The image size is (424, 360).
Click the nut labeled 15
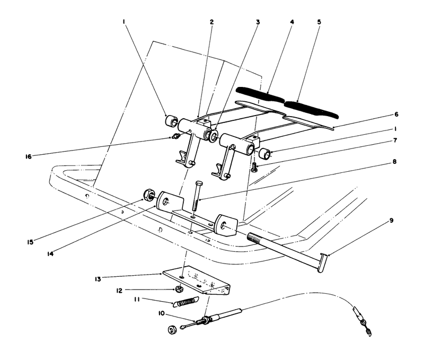click(147, 195)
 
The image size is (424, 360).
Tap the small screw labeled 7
click(255, 168)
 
